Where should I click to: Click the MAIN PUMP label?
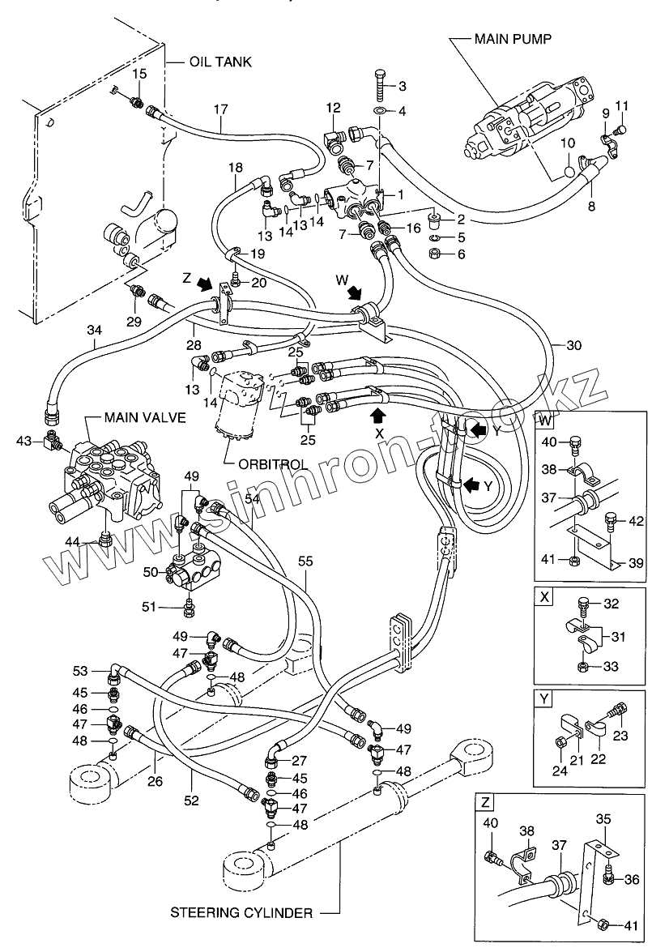[x=513, y=39]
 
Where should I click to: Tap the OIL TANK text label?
[x=220, y=62]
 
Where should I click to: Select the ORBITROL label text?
[x=272, y=464]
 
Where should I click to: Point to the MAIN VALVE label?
[x=145, y=418]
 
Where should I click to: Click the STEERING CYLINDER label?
[x=241, y=912]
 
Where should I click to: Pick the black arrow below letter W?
[x=354, y=294]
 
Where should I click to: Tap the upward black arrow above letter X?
[x=377, y=416]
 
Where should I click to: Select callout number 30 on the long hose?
[x=573, y=345]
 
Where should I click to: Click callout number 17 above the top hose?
[x=220, y=109]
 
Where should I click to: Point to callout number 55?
[x=305, y=561]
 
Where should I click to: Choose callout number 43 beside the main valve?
[x=24, y=440]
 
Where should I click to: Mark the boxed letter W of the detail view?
[x=543, y=421]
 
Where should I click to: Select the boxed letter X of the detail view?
[x=544, y=597]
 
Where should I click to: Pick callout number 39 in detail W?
[x=636, y=563]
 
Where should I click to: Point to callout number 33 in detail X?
[x=611, y=666]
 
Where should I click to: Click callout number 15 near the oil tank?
[x=139, y=74]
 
